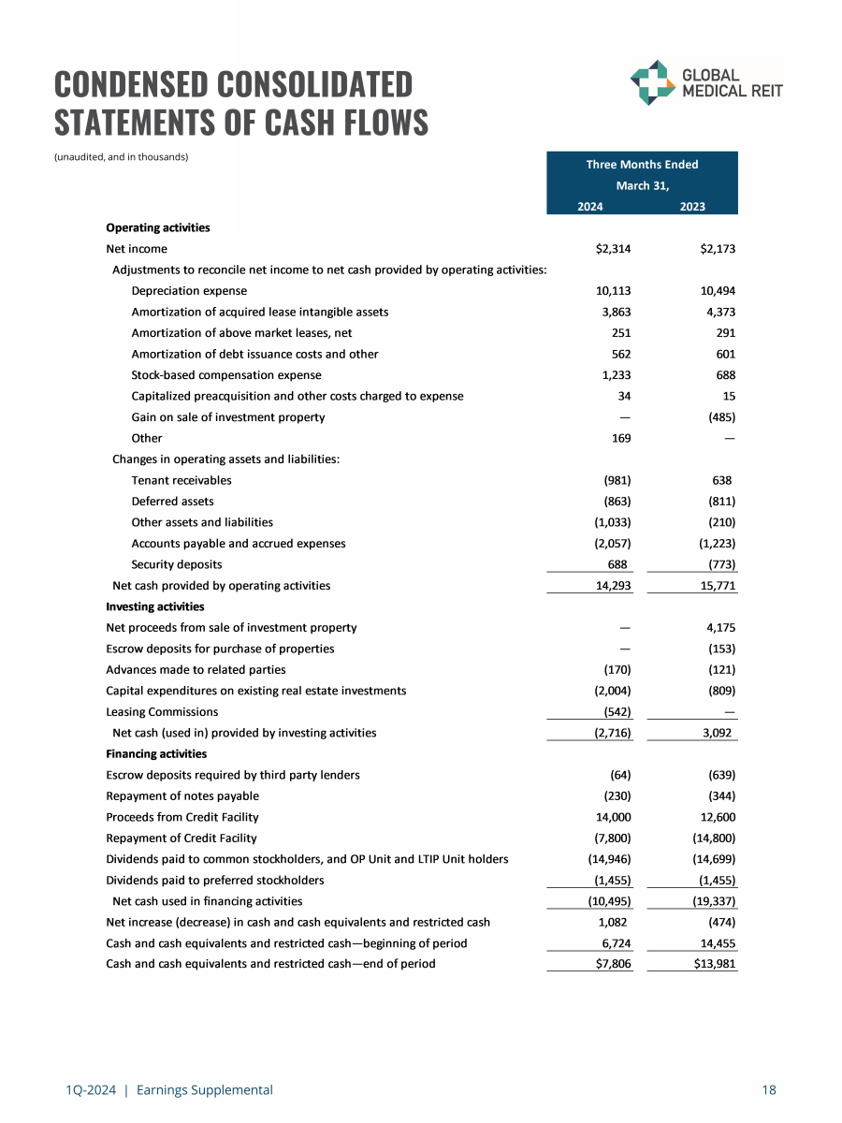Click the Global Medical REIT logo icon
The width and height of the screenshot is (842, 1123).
[651, 82]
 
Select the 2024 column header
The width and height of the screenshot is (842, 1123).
[589, 207]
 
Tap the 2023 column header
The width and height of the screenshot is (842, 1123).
[692, 207]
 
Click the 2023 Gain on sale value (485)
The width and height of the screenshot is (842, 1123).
[720, 417]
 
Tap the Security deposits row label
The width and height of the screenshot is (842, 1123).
[177, 564]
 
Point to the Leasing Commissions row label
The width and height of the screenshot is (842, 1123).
[162, 712]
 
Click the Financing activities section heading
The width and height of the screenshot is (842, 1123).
[156, 753]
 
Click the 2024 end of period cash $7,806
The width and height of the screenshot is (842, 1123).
[613, 964]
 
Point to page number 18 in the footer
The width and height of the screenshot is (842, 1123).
[769, 1089]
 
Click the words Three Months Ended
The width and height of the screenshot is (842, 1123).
[642, 165]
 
